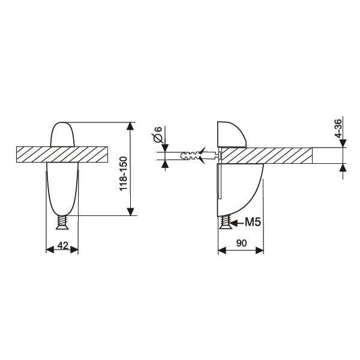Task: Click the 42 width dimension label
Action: pos(62,245)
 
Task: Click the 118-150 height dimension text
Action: pos(123,173)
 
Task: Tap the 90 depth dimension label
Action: pos(241,243)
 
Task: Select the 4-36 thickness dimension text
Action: pos(338,128)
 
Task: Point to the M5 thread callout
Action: pos(253,222)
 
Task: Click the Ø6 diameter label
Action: pos(157,134)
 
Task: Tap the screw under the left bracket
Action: pos(62,222)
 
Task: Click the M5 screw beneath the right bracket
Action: pos(225,222)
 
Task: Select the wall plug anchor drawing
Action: pos(200,155)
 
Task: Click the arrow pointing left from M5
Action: pos(236,223)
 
